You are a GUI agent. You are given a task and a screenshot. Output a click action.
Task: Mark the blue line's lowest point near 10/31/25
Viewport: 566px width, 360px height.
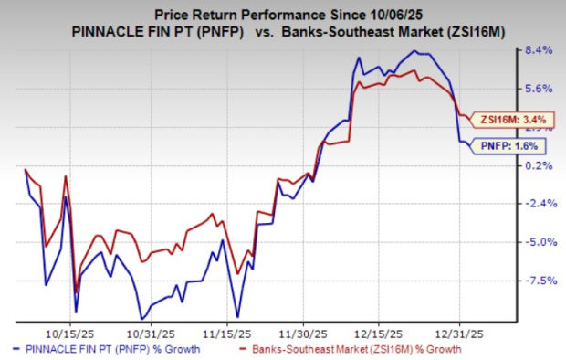141,317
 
